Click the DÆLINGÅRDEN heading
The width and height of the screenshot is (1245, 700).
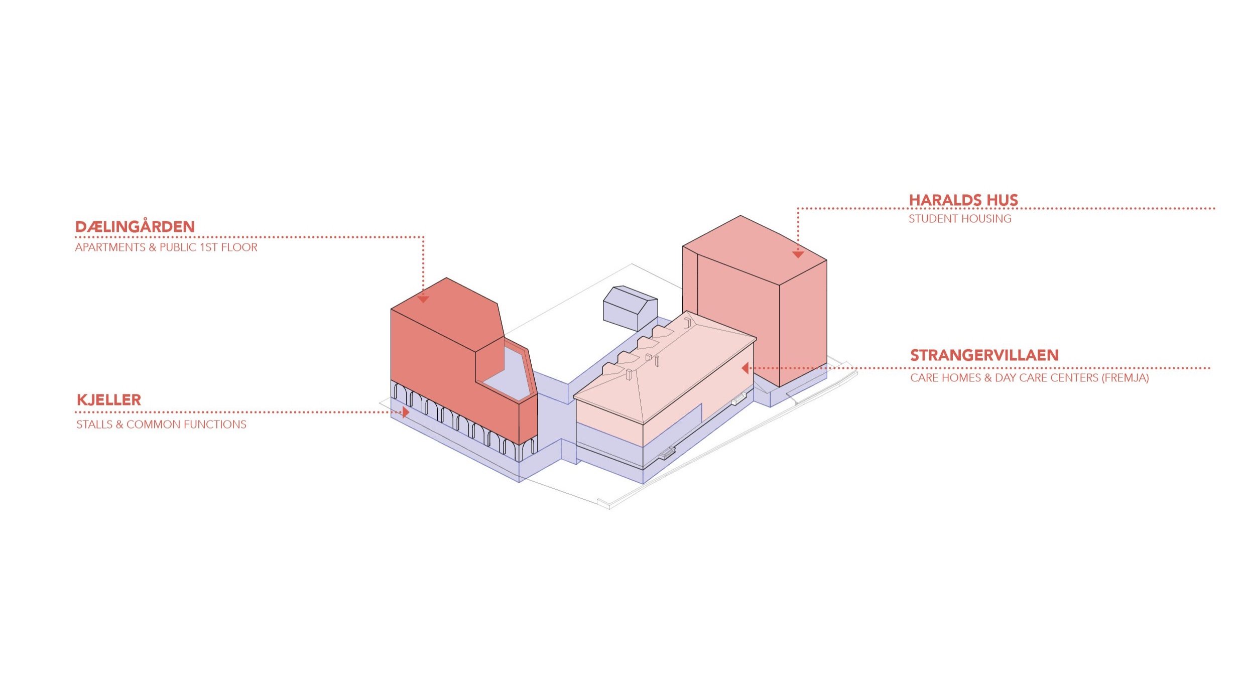click(135, 227)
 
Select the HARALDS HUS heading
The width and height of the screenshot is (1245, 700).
click(963, 200)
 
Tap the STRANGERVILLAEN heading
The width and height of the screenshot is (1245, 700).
click(984, 355)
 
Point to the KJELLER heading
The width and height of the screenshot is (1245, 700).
click(108, 400)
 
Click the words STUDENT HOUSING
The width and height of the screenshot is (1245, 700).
click(960, 219)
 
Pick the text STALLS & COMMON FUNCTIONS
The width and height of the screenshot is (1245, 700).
click(161, 425)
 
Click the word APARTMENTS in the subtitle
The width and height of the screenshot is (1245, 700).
click(110, 247)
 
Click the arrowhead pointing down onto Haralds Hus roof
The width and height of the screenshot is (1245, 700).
click(798, 254)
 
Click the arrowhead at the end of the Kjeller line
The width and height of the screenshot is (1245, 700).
click(405, 412)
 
